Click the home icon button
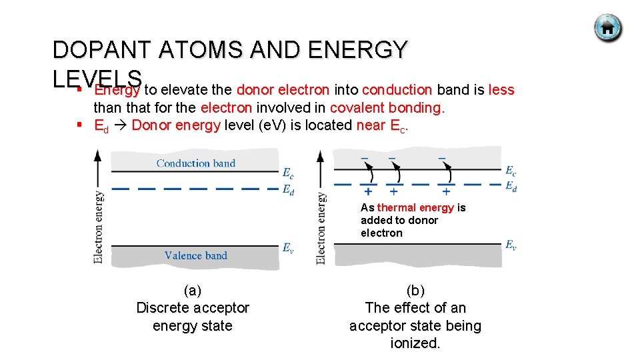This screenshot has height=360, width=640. click(x=607, y=28)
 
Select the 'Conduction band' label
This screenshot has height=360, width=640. click(x=196, y=163)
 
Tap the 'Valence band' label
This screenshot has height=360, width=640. click(x=196, y=255)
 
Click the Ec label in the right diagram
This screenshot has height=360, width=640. click(x=511, y=171)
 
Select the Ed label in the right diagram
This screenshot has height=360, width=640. click(x=511, y=186)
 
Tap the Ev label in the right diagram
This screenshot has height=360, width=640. click(x=511, y=245)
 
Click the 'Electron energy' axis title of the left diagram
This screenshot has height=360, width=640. click(x=99, y=227)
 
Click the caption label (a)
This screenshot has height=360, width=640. click(x=192, y=291)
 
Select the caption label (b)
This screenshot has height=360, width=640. click(x=415, y=291)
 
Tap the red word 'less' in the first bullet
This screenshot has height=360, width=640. click(x=501, y=90)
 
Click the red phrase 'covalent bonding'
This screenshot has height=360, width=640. click(x=385, y=107)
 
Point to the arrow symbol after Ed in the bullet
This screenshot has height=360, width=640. click(x=121, y=125)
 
